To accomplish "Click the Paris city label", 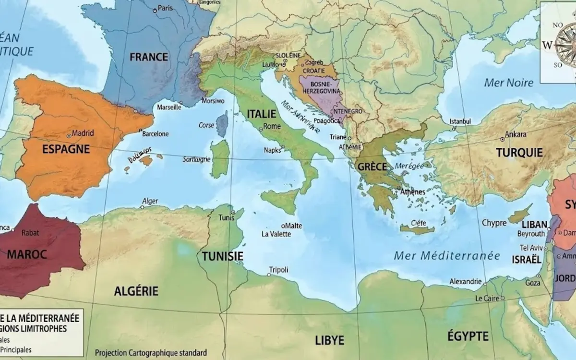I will (x=165, y=8).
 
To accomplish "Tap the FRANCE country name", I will (x=149, y=57).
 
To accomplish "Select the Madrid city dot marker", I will (x=69, y=135).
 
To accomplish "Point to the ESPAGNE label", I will (x=66, y=149).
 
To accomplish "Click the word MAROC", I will (x=27, y=254).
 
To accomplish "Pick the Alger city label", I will (x=150, y=201).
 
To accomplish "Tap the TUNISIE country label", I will (x=222, y=256).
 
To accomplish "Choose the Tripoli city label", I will (x=279, y=270).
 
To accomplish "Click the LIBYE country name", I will (x=330, y=340).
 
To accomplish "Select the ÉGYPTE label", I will (x=468, y=336).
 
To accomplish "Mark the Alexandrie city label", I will (x=466, y=281).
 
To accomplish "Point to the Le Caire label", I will (x=488, y=298).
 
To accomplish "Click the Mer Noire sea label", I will (x=509, y=83).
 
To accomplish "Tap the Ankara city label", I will (x=516, y=134).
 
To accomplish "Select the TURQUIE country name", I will (x=519, y=153).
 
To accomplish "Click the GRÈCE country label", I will (x=372, y=167).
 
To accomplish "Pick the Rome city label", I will (x=272, y=126).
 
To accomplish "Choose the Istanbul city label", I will (x=460, y=121).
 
